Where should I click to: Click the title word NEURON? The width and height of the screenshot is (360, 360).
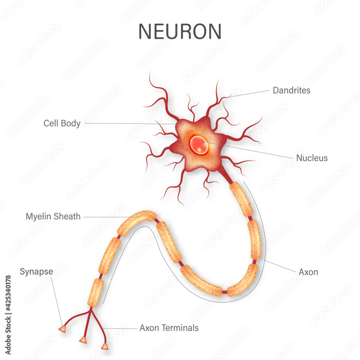pos(180,32)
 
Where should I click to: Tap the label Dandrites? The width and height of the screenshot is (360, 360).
pos(291,90)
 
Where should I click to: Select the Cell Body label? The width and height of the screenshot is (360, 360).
pos(62,123)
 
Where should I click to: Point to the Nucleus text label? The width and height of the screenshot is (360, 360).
pos(312,158)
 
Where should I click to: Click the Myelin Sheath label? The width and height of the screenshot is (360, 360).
pos(53,217)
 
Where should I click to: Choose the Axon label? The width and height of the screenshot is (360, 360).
pos(308,272)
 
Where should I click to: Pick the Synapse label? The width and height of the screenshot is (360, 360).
pos(36,271)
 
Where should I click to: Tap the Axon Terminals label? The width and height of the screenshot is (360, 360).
pos(169,328)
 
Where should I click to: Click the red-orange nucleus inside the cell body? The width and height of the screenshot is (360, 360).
pos(199,144)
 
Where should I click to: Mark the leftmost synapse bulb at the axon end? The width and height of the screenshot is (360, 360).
pos(62,329)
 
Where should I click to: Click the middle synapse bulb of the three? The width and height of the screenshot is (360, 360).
pos(83,340)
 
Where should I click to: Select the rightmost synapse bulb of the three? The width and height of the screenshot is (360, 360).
pos(105,346)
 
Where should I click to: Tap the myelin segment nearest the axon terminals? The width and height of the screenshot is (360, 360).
pos(95,292)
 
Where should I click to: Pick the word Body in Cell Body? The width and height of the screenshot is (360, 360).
pos(70,123)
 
